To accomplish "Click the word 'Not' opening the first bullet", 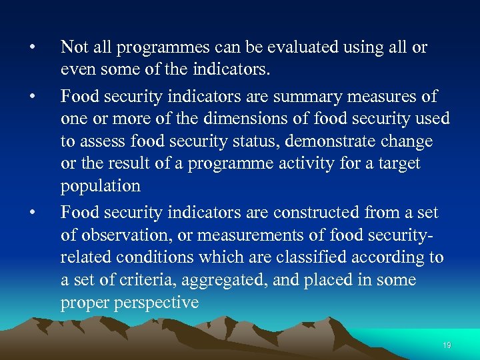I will point(74,47).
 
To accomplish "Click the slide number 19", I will point(447,345).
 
